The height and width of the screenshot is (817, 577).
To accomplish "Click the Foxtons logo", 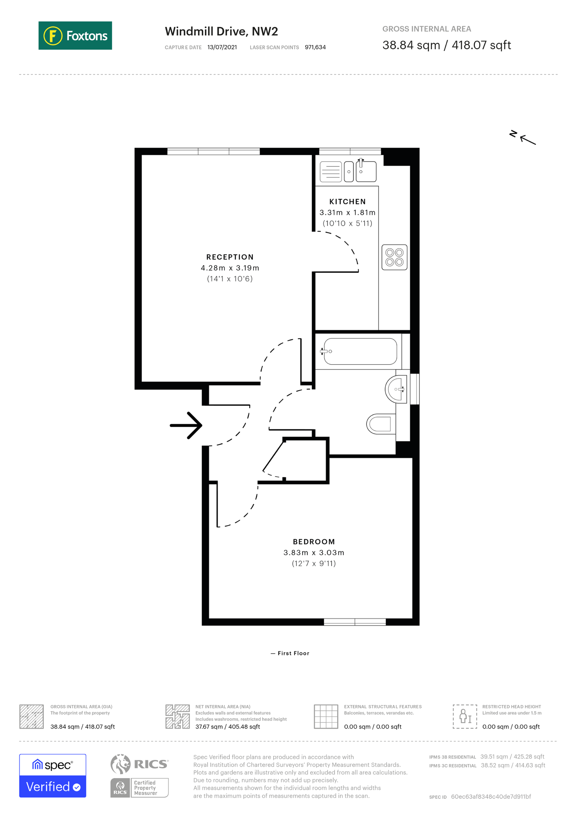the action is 75,36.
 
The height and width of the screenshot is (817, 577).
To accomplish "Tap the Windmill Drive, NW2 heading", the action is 221,31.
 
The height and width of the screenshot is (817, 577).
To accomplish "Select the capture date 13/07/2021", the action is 222,47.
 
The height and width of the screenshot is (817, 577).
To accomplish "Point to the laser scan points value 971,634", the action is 315,47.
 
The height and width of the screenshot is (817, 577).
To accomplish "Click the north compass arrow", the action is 528,140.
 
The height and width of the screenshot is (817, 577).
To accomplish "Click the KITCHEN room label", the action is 348,202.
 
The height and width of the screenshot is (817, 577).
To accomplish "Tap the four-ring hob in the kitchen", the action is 394,257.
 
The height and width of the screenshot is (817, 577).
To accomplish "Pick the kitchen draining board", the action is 331,172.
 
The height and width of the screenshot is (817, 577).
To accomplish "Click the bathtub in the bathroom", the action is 360,351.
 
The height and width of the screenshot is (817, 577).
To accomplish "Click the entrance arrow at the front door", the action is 186,426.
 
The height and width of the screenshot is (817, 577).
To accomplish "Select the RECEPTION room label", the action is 230,257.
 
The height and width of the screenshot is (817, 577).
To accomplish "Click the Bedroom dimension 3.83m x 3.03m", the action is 314,553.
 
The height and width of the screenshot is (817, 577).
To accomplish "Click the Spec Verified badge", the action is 53,776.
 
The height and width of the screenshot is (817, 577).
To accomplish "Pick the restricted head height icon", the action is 465,716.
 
